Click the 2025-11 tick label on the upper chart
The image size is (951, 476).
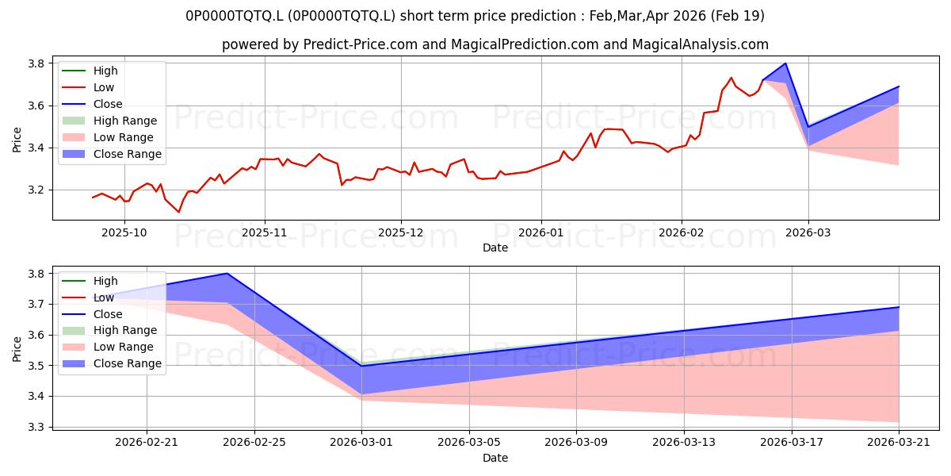coord(265,233)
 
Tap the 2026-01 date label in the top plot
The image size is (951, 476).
coord(540,233)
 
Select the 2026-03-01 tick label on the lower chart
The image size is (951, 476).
coord(361,443)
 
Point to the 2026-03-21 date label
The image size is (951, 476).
coord(899,443)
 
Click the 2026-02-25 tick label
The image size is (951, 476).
coord(254,443)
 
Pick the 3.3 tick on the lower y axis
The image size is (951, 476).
coord(36,427)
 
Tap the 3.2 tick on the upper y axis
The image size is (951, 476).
coord(36,190)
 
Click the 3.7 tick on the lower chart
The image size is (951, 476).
coord(36,305)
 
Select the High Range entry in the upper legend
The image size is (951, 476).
coord(109,121)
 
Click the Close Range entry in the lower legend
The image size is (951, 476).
coord(112,363)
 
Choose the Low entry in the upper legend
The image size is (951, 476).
coord(88,87)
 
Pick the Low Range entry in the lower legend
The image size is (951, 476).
coord(108,347)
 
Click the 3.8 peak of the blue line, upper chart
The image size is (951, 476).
coord(785,63)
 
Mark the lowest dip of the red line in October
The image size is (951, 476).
coord(179,212)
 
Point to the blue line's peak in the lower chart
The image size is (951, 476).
coord(227,273)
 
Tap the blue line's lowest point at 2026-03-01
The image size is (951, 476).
coord(361,366)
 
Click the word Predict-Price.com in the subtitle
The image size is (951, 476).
coord(360,44)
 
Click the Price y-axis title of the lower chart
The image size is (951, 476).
coord(17,349)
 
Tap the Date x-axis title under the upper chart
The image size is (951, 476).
coord(495,248)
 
